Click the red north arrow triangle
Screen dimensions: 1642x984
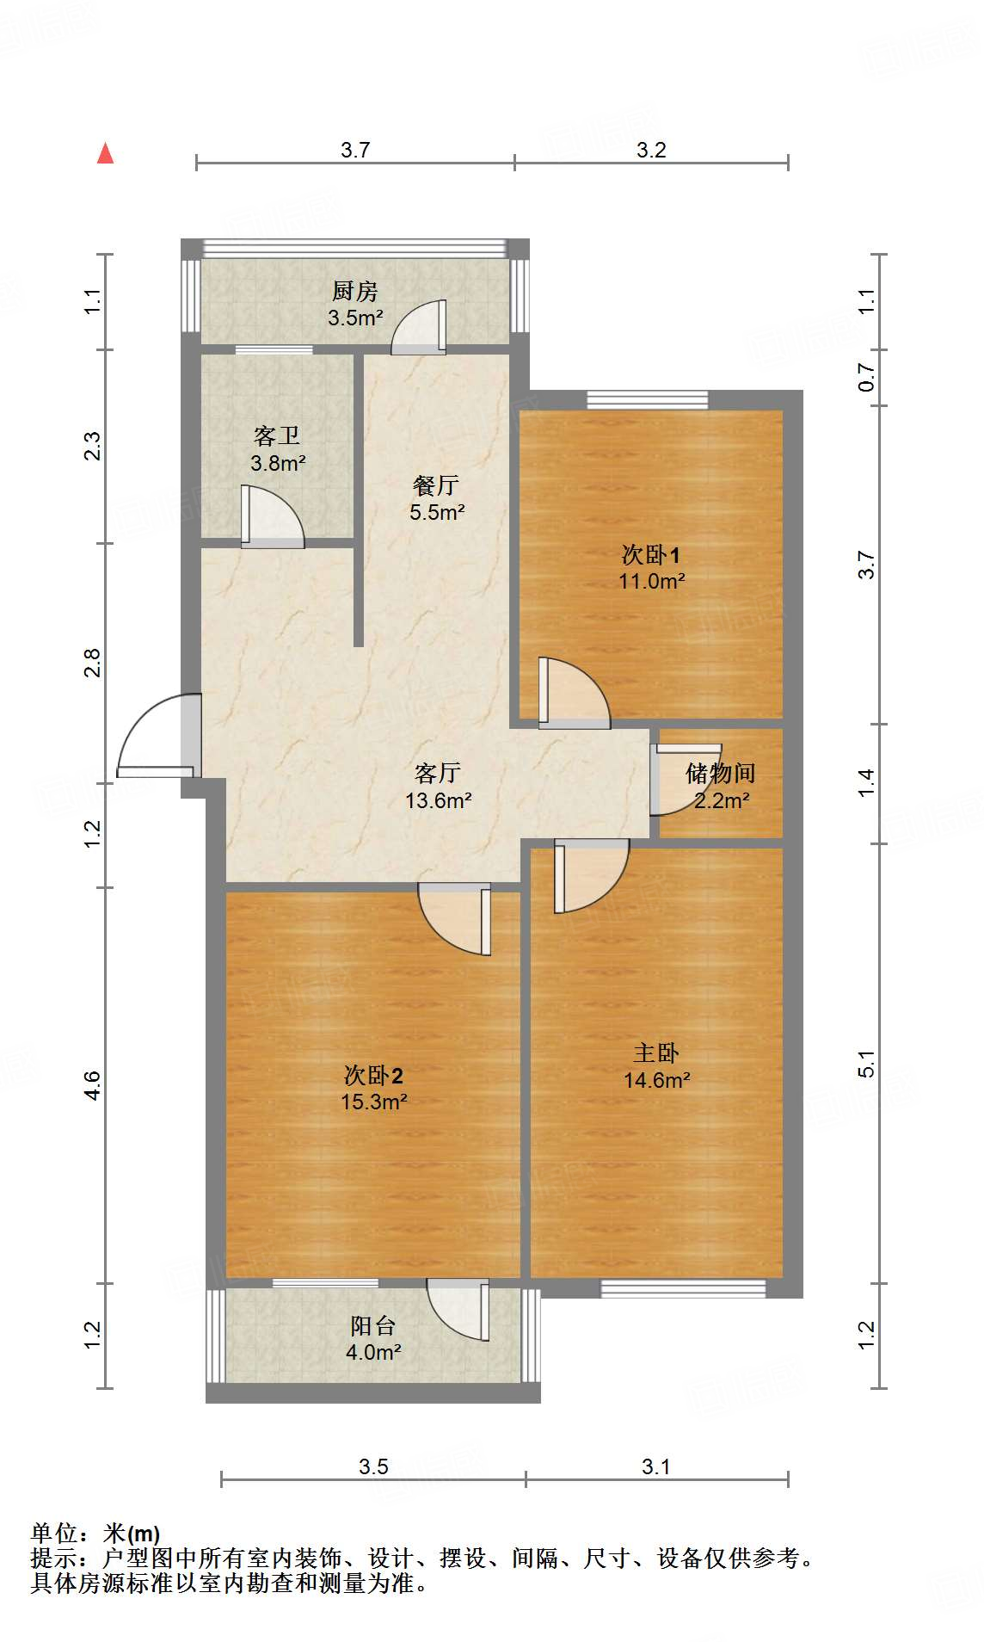coord(105,154)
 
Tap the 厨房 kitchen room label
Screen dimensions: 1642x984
coord(354,291)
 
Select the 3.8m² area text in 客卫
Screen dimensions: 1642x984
coord(278,464)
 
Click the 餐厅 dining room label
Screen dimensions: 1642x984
coord(436,485)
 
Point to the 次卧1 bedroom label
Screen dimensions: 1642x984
coord(651,554)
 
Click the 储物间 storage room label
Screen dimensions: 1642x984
coord(720,773)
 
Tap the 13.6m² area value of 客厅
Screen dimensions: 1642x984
coord(438,801)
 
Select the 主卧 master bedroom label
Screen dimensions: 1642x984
coord(656,1052)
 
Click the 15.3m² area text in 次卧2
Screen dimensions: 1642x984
coord(373,1102)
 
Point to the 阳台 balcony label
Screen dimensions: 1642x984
coord(373,1326)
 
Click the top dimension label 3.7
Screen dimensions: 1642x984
coord(354,150)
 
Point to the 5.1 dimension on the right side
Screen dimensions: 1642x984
coord(866,1064)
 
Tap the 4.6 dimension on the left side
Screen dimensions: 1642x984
coord(92,1084)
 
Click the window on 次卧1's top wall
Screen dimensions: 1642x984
coord(647,399)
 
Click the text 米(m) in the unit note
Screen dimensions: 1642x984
coord(132,1533)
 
